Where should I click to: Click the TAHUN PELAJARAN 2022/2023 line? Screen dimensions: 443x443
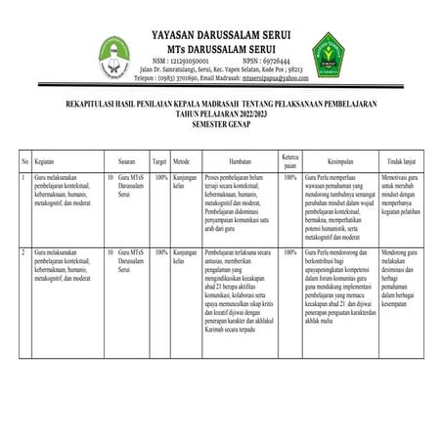pos(221,113)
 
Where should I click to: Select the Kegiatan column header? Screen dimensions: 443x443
pos(43,159)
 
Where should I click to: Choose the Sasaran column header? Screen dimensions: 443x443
pos(126,159)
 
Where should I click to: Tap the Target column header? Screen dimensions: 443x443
pos(159,159)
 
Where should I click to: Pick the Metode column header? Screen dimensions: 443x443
pos(181,159)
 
